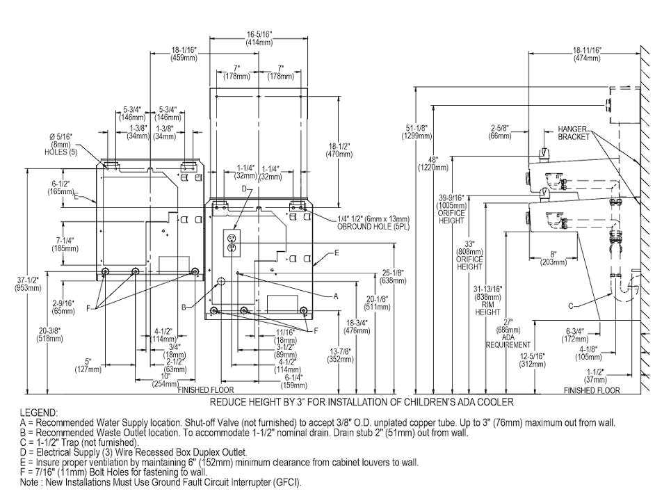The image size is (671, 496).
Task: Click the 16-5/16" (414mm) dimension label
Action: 259,38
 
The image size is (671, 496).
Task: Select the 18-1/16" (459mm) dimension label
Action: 184,54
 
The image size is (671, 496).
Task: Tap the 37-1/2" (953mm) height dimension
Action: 29,284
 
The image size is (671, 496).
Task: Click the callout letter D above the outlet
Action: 244,189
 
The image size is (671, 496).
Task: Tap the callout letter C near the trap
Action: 571,305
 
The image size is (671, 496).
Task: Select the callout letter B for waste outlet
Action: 184,307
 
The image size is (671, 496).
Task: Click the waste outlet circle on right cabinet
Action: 221,281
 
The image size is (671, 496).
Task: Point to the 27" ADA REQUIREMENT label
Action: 508,333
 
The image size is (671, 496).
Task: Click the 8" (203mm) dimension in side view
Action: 553,258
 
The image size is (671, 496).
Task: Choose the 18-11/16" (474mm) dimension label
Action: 587,54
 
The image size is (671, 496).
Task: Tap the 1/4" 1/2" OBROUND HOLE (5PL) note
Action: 373,223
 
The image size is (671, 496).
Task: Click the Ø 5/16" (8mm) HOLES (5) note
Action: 61,144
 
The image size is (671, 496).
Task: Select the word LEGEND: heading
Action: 38,413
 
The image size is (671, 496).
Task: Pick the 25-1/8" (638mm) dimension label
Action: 393,277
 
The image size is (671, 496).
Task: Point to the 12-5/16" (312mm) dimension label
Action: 533,360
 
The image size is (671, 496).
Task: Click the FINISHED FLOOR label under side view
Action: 592,390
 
